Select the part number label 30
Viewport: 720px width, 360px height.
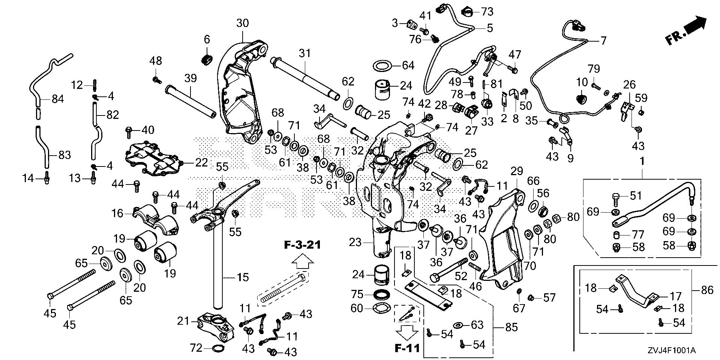242,23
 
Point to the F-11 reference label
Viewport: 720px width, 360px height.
407,348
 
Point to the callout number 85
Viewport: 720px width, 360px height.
511,327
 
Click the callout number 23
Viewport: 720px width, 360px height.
355,242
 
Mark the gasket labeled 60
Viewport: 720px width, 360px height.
381,308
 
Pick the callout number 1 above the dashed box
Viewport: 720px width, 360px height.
642,162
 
